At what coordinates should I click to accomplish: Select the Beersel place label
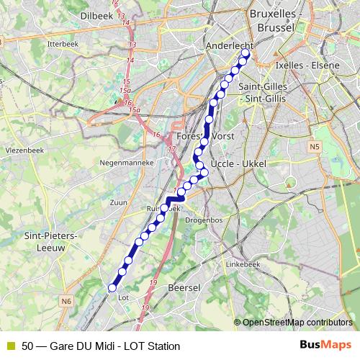(183, 287)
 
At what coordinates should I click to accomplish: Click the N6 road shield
(67, 301)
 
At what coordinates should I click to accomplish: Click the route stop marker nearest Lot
(112, 288)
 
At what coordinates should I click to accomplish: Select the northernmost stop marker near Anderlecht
(246, 53)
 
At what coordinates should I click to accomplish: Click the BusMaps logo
(325, 346)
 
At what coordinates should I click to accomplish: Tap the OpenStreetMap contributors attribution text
(297, 322)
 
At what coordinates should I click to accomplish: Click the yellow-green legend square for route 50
(10, 346)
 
